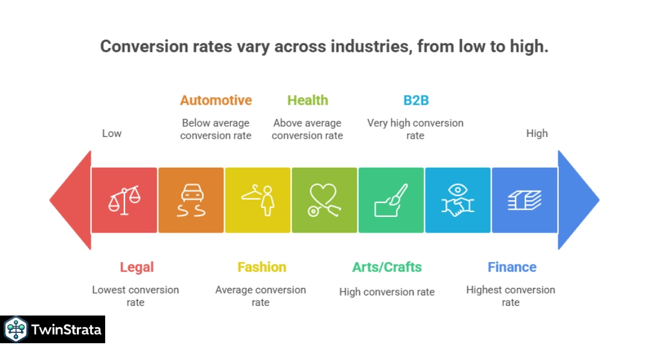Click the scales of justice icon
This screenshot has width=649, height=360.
click(x=124, y=200)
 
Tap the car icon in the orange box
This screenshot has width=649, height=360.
click(x=191, y=200)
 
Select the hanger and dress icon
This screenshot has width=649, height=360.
click(x=258, y=200)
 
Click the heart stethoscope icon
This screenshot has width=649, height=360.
click(x=324, y=200)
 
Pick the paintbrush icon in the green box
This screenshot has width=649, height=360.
click(x=391, y=200)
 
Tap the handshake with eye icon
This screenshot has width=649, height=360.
click(x=458, y=200)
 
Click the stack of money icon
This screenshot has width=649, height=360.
click(x=525, y=200)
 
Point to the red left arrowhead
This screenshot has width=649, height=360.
click(x=69, y=200)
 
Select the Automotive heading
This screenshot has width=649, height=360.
click(x=216, y=100)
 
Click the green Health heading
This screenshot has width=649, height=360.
click(x=307, y=100)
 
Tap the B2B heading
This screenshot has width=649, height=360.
click(x=416, y=100)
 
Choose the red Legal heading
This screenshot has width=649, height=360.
click(x=136, y=267)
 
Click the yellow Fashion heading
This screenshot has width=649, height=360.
click(x=261, y=267)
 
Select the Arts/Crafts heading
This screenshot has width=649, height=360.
click(x=387, y=267)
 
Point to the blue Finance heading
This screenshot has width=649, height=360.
click(x=511, y=267)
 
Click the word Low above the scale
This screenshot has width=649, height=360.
click(x=112, y=133)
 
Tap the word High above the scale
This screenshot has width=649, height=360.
click(x=537, y=133)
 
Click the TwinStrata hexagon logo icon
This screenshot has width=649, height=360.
click(x=16, y=329)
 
